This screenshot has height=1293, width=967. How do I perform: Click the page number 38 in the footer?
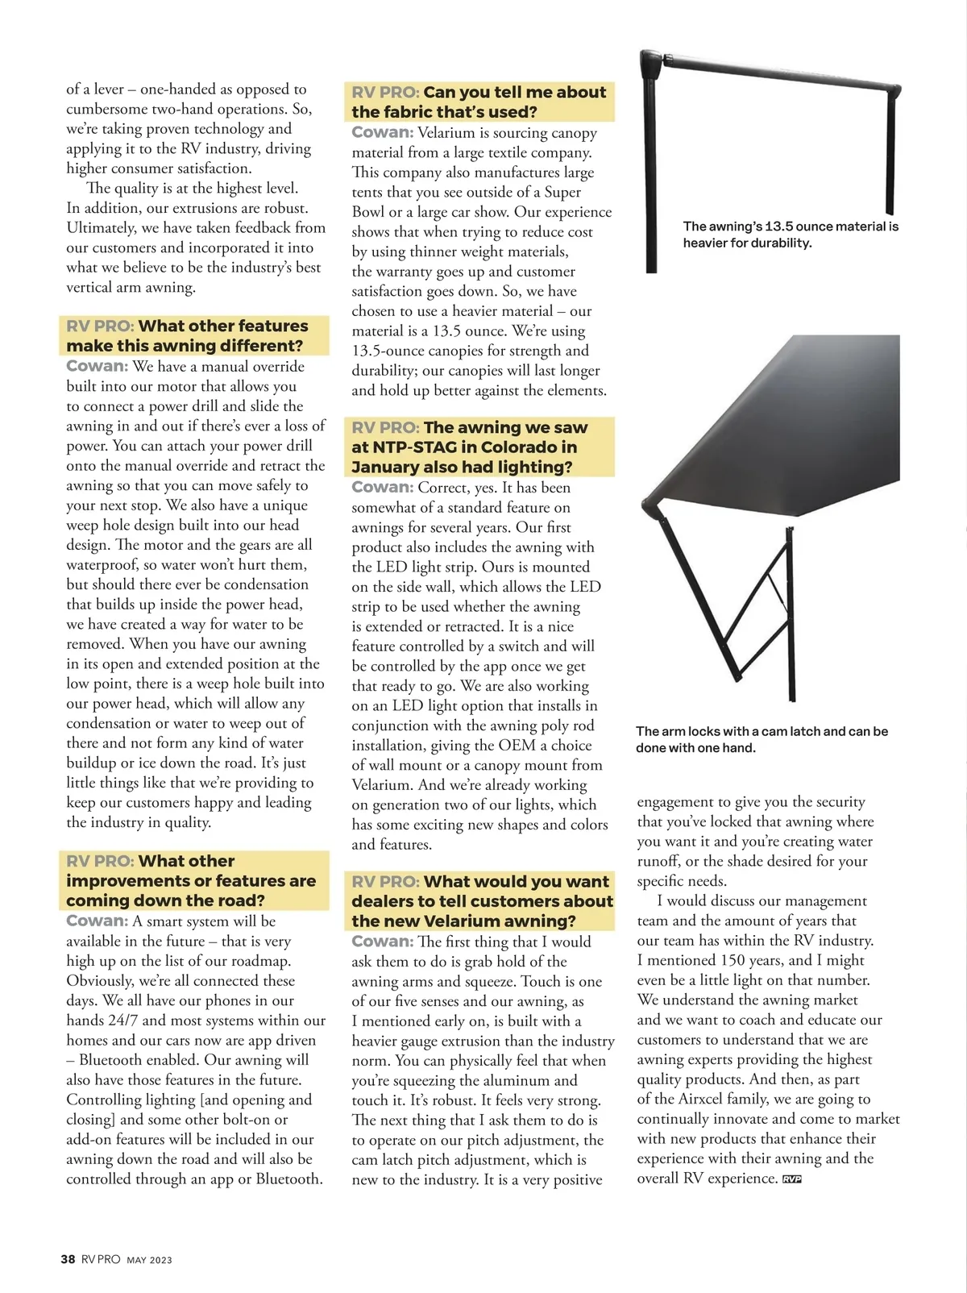point(68,1259)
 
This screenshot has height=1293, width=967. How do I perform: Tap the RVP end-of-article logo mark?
point(791,1179)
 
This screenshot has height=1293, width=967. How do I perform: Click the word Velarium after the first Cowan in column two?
point(451,133)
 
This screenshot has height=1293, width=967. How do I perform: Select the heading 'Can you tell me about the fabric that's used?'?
point(479,102)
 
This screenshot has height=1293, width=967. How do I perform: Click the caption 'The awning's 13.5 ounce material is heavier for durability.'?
point(790,235)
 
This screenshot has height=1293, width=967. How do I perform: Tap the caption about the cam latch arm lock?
point(761,739)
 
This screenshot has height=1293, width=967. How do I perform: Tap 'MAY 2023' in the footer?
point(149,1260)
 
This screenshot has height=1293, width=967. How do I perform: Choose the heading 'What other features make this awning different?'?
point(193,336)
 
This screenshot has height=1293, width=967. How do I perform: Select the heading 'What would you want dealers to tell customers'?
point(482,901)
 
